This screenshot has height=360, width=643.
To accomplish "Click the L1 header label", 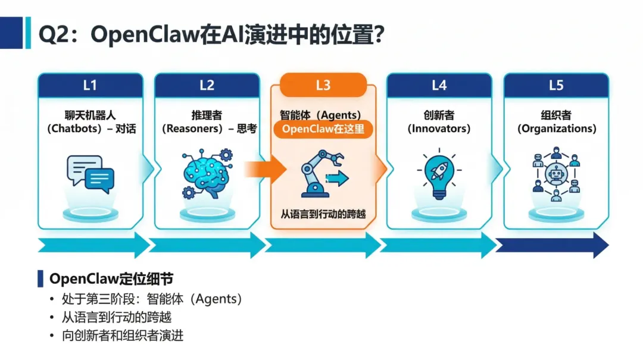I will (90, 86).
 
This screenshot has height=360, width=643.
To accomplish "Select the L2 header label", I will (207, 86).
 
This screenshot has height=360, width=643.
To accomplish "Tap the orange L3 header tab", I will (323, 85).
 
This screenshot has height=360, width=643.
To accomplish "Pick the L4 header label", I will (439, 86).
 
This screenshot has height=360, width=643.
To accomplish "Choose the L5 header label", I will (555, 86).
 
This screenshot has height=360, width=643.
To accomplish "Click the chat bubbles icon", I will (90, 174).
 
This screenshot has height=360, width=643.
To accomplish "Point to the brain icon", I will (205, 173).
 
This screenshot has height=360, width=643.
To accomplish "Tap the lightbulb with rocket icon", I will (439, 174).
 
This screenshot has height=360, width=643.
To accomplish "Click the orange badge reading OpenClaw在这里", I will (323, 129).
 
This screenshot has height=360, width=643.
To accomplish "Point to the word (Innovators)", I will (439, 129).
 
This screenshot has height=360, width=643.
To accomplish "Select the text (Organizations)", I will (555, 129).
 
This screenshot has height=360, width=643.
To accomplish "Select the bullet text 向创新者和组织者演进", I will (123, 336).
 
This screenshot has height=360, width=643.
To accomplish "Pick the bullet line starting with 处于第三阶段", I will (152, 299).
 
